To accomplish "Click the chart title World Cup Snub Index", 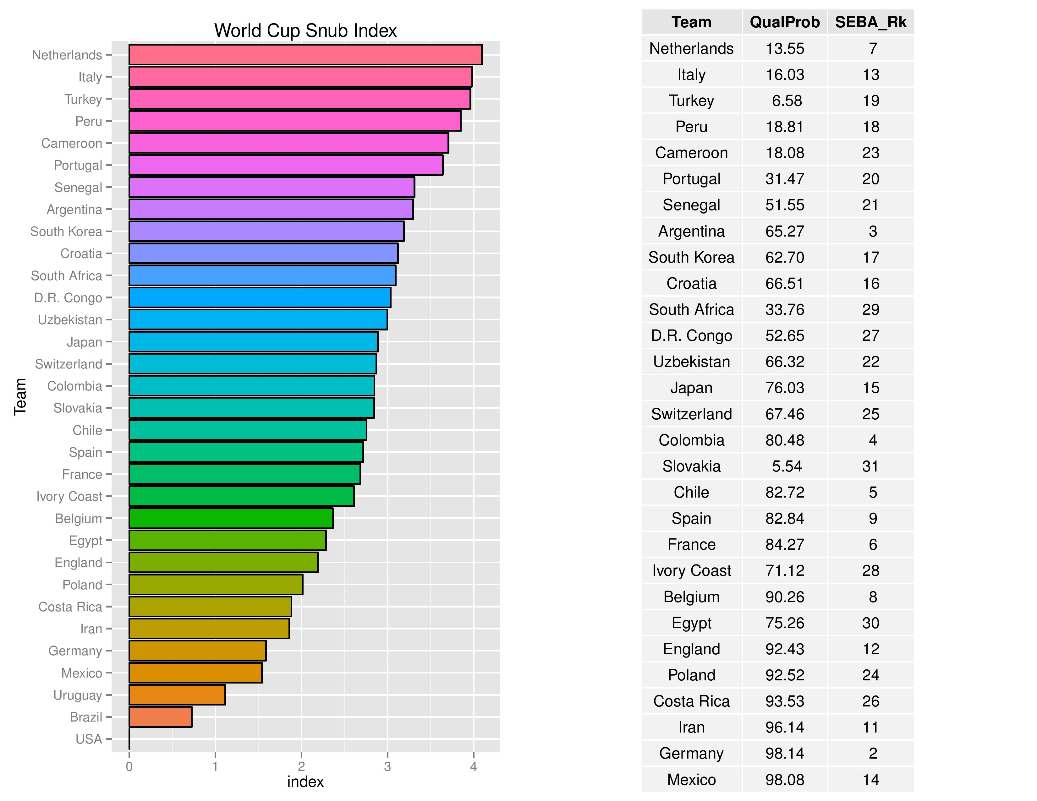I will click(x=305, y=31).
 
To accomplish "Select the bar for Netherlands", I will click(x=305, y=55).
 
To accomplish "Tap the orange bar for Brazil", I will click(x=161, y=717).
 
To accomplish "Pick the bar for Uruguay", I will click(x=177, y=695).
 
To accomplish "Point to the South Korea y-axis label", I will click(x=67, y=232).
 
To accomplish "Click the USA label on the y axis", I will click(x=89, y=739).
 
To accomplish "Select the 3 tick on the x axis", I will click(x=387, y=766).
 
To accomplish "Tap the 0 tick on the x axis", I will click(x=129, y=766).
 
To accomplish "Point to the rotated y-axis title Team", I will click(x=20, y=397).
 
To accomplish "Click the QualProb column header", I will click(x=784, y=22).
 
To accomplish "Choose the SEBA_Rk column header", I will click(x=870, y=22).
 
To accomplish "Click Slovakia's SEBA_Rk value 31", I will click(x=870, y=466).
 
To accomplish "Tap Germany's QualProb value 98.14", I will click(x=784, y=753).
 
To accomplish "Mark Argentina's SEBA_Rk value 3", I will click(x=873, y=231).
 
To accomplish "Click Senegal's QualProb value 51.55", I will click(x=784, y=205).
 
